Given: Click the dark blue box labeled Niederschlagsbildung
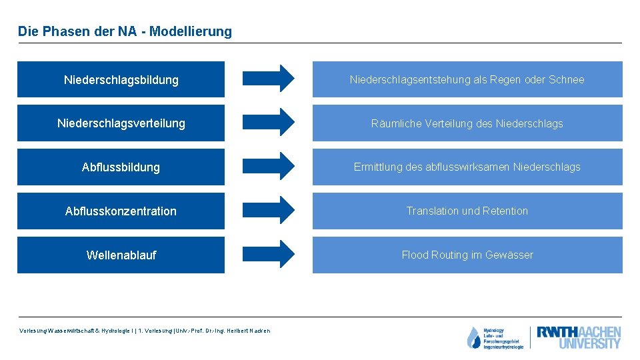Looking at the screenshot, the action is coord(121,80).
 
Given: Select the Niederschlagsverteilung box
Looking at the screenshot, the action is coord(121,123).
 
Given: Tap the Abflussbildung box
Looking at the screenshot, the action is coord(121,167).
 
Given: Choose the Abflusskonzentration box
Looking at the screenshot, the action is coord(121,211).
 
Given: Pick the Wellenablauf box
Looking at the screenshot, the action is coord(121,255).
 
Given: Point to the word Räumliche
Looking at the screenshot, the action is coord(397,124).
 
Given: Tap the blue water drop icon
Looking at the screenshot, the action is coord(473,338).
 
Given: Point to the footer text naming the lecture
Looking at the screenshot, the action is coord(144,331).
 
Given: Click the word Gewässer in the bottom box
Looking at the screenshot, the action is coord(509,255).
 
